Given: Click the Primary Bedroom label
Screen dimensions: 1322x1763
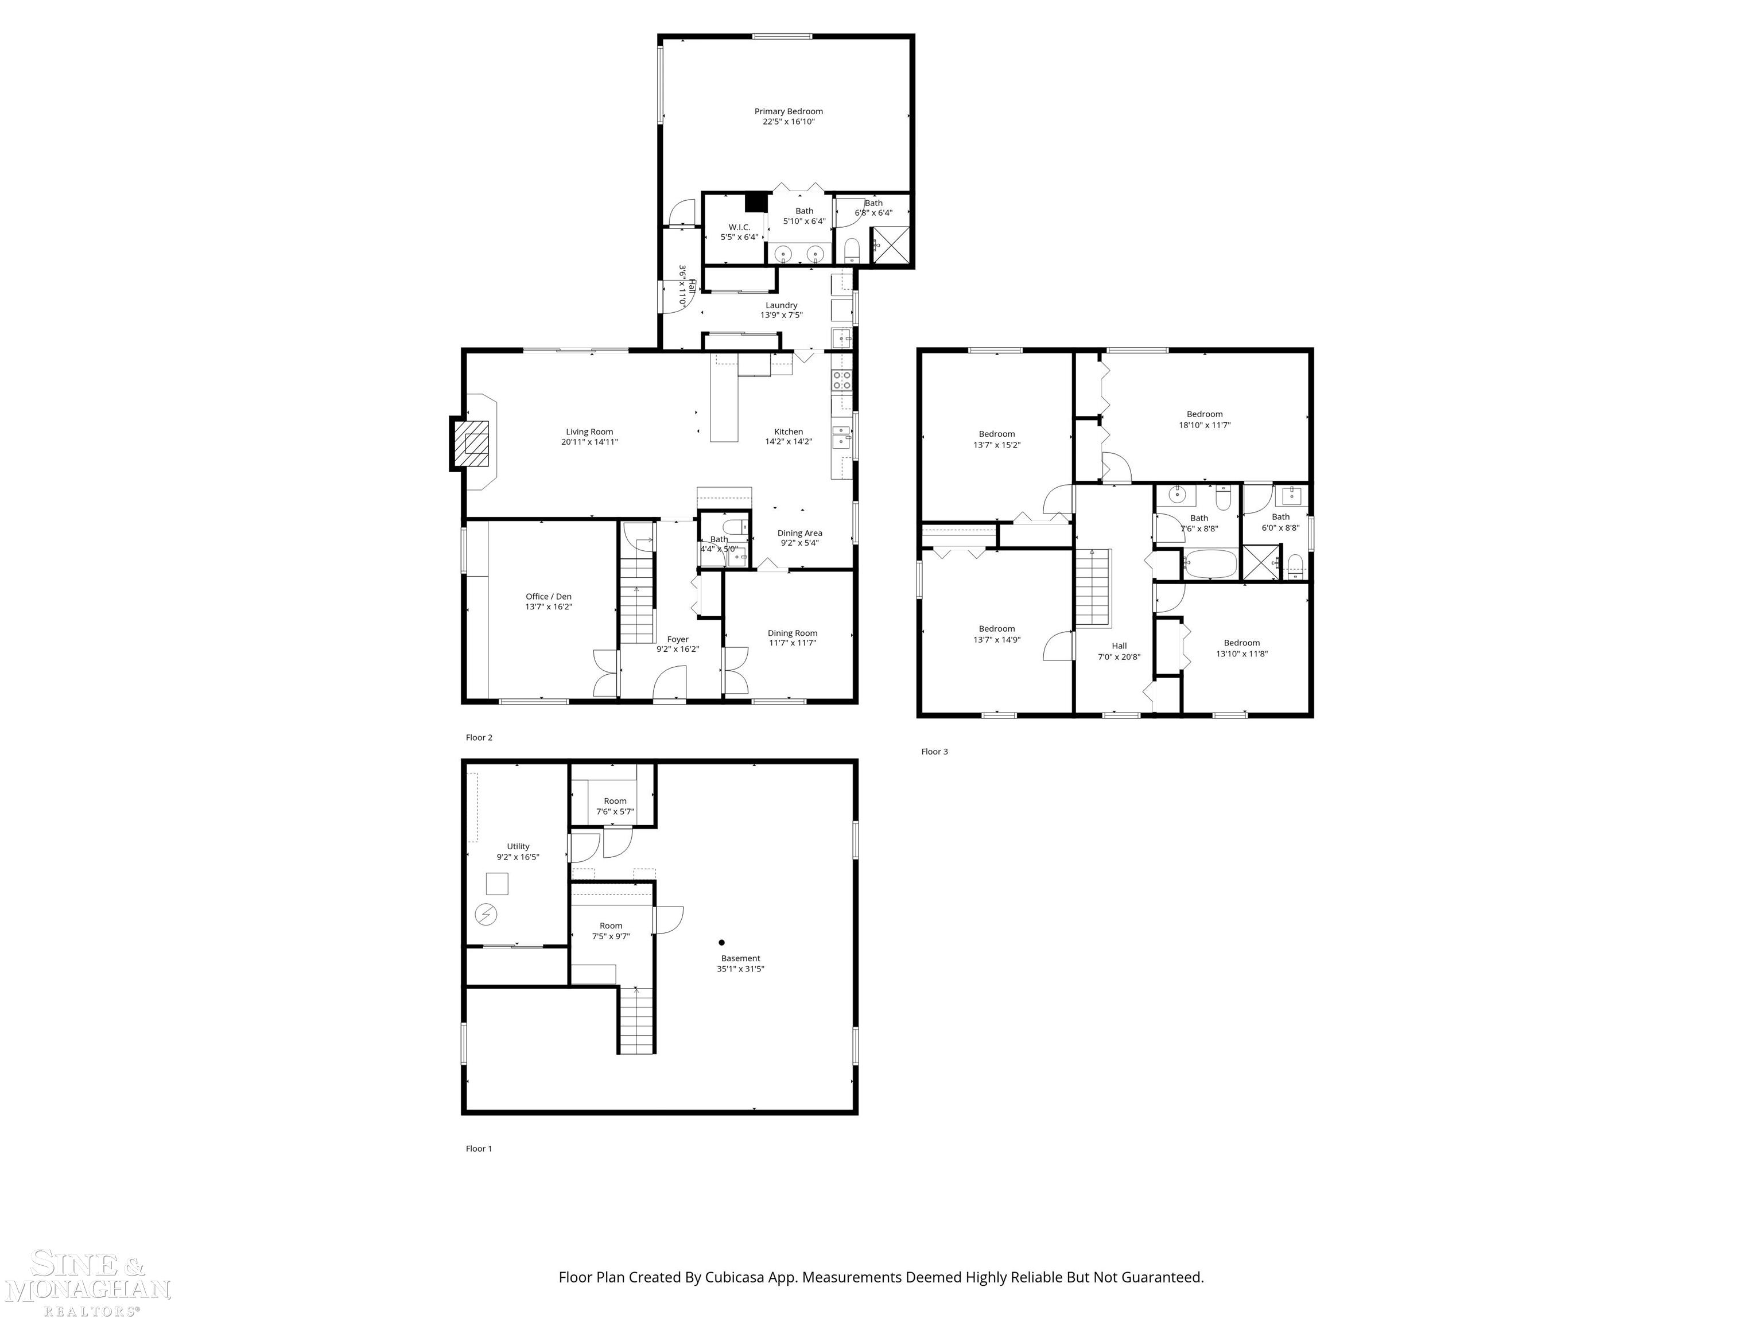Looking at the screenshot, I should pos(789,111).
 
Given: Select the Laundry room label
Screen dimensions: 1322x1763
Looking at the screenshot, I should pos(781,305).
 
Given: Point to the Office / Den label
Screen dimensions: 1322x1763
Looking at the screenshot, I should pos(548,597).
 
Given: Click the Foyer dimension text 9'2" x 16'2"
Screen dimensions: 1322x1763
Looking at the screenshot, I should pos(677,650).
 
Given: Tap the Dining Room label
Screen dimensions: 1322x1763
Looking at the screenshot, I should pos(792,633).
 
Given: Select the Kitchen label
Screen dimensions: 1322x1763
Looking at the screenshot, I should pos(789,432).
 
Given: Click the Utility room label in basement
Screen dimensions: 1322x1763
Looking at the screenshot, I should pos(518,847).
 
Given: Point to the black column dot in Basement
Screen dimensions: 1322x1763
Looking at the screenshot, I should pos(721,942).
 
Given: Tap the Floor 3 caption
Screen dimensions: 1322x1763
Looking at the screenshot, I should pos(934,752).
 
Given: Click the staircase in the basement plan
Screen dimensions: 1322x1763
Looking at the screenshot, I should pos(637,1021).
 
